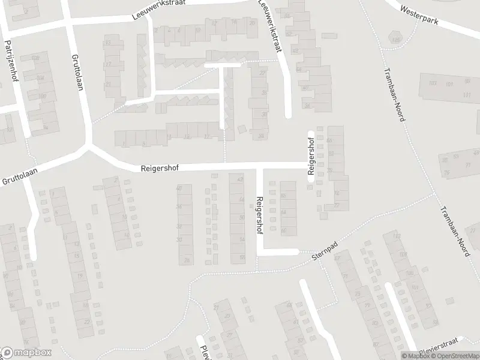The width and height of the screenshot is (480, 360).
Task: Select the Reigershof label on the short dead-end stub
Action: tap(311, 157)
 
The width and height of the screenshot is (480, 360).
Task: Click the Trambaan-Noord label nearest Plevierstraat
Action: tap(454, 229)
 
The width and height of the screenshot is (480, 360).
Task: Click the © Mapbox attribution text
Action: tap(415, 356)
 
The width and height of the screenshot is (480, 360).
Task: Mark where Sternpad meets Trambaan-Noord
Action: tap(433, 194)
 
